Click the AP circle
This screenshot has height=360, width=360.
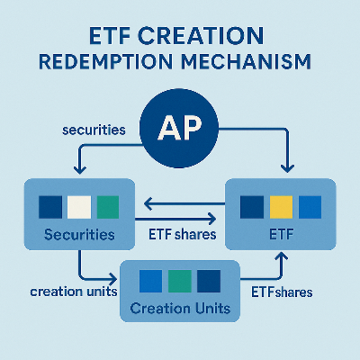pos(181,129)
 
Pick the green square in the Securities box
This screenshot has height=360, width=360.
pos(108,206)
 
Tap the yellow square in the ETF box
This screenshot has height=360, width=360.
pos(281,206)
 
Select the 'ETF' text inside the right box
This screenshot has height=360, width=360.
pos(281,237)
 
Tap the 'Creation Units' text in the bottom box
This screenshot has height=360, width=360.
pos(180,309)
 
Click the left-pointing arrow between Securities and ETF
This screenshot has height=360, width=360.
pos(149,203)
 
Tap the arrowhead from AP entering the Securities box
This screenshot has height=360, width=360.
pos(78,172)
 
